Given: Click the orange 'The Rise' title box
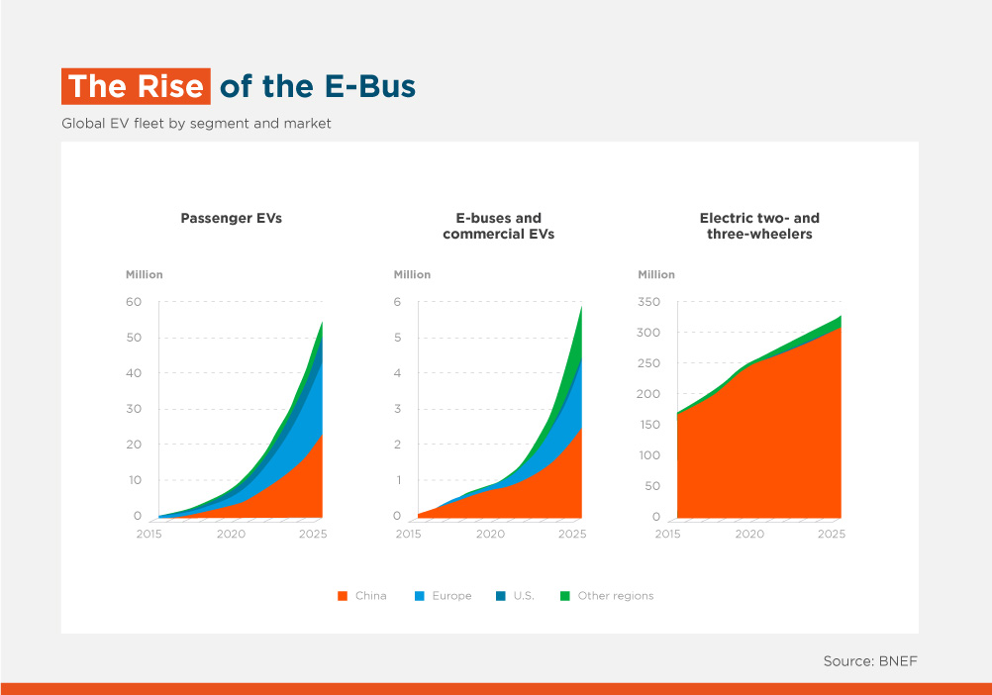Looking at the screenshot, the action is tap(136, 86).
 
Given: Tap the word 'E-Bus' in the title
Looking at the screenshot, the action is tap(370, 87).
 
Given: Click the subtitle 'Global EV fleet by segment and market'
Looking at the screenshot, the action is tap(196, 124).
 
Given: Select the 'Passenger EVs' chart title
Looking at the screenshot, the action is tap(232, 218).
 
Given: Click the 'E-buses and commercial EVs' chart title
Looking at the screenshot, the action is tap(499, 226).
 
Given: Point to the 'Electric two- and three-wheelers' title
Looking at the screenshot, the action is tap(759, 226).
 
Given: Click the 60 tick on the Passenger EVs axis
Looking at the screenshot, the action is tap(134, 302).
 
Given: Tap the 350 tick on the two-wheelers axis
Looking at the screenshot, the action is tap(648, 302).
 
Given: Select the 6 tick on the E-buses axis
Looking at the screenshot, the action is tap(397, 302).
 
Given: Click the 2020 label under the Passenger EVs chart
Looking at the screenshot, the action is tap(231, 534).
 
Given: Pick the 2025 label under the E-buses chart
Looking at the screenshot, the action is tap(572, 534).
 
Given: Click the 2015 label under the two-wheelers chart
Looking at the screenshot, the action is tap(667, 534).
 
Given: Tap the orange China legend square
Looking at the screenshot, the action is tap(343, 596).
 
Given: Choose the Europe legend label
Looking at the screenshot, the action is tap(451, 596).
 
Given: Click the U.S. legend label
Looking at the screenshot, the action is tap(524, 596).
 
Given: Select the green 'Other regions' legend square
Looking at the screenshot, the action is tap(565, 596).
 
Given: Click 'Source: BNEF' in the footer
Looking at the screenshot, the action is tap(870, 661).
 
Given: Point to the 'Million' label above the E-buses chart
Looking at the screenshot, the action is tap(412, 274).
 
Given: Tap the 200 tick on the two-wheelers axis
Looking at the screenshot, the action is tap(648, 394).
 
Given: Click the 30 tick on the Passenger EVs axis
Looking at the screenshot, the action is tap(134, 409).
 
